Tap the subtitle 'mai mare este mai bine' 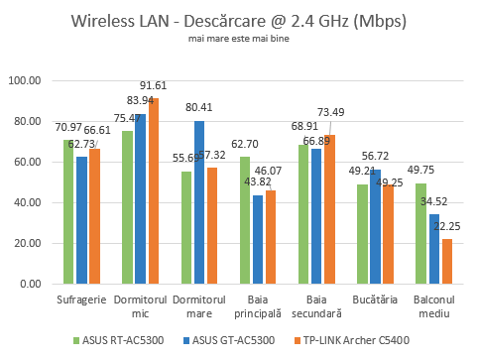tap(238, 40)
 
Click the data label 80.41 tap(200, 108)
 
